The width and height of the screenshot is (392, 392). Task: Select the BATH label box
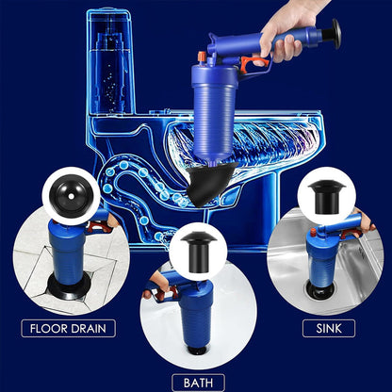[x=198, y=382]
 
